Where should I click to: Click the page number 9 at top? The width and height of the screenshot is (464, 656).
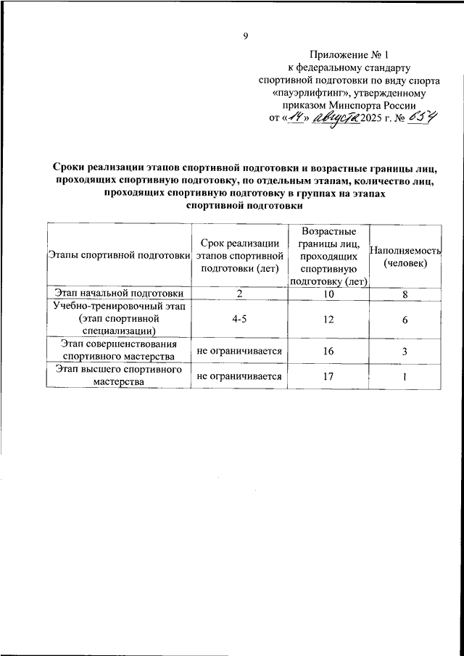coord(246,37)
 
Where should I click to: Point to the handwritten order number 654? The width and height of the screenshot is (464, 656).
coord(422,119)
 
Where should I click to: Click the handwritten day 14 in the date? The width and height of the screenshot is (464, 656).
coord(294,120)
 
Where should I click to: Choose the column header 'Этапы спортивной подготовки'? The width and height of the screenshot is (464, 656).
coord(118,255)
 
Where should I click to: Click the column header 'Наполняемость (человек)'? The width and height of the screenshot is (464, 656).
coord(405,255)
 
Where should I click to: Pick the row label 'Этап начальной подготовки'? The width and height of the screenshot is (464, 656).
coord(118,293)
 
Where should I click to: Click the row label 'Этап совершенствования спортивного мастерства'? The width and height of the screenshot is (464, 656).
coord(118,351)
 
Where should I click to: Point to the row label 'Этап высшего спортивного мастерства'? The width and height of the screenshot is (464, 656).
coord(118,376)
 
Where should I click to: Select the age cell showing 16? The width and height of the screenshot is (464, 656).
coord(328,351)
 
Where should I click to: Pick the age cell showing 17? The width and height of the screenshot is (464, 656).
coord(328,376)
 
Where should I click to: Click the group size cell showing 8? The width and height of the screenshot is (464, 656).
coord(405,293)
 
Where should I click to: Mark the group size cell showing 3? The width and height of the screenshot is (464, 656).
coord(405,351)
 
